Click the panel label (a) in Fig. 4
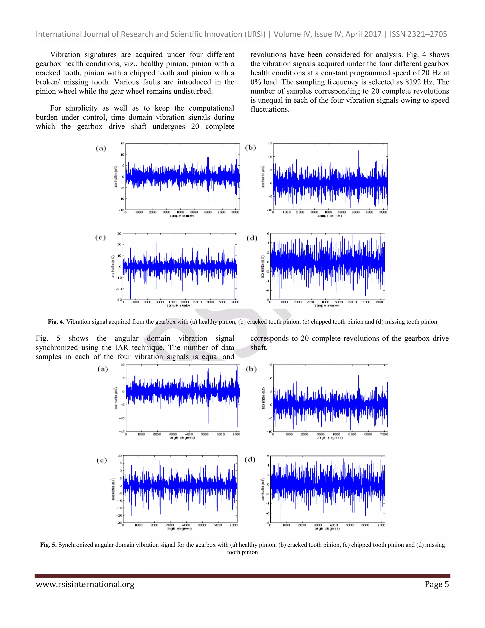tap(101, 148)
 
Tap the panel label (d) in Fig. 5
tap(250, 459)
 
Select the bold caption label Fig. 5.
tap(48, 545)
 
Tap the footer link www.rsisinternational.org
tap(85, 584)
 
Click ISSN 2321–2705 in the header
tap(418, 34)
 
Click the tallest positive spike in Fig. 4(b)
tap(358, 151)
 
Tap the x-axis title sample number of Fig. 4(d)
tap(327, 306)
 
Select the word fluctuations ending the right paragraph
tap(270, 109)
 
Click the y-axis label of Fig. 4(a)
tap(116, 177)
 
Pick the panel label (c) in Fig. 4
tap(100, 237)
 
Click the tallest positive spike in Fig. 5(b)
tap(358, 376)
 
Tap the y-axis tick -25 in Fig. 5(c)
tap(119, 523)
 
